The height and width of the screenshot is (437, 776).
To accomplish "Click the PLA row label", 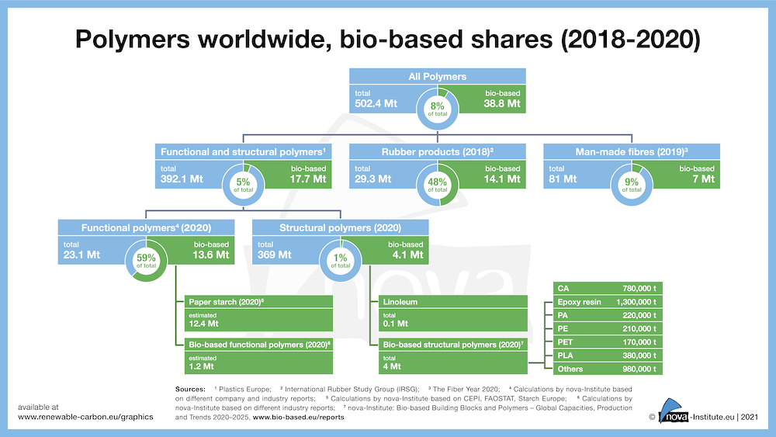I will pyautogui.click(x=567, y=355).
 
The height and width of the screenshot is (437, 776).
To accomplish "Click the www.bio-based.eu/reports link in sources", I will pyautogui.click(x=298, y=417).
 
